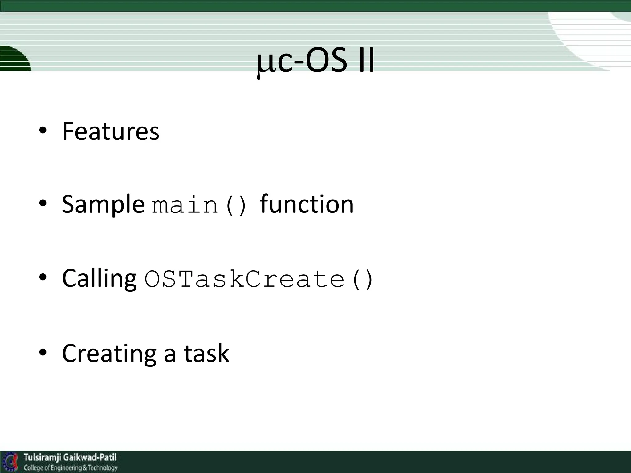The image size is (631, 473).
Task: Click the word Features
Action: point(111,131)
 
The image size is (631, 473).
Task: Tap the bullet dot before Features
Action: point(43,131)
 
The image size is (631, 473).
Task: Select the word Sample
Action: point(103,205)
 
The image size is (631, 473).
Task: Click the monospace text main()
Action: point(200,205)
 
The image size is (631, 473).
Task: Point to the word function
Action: point(307,204)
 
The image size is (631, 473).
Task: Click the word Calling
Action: point(99,278)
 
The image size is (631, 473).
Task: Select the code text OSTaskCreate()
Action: point(259,279)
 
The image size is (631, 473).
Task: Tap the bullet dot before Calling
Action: point(43,277)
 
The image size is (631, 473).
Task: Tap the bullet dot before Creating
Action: point(43,352)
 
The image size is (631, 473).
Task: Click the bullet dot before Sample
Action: point(43,203)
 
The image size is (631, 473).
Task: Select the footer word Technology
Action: point(102,468)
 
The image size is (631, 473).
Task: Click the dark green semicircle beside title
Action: point(14,59)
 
